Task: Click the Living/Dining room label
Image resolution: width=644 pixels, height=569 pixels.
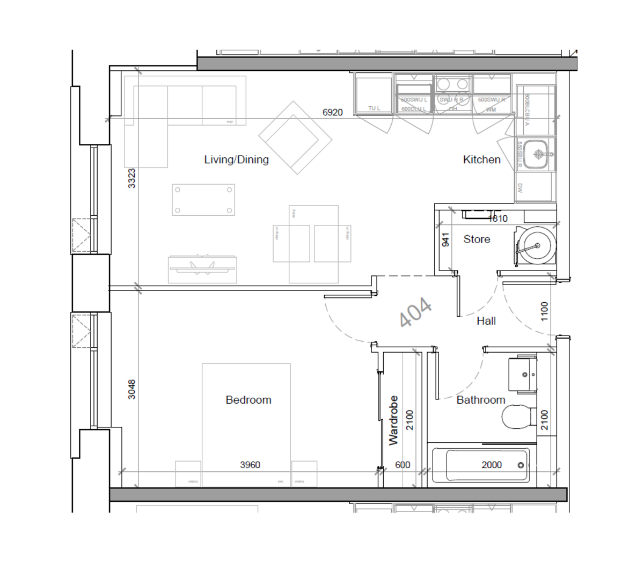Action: [x=236, y=159]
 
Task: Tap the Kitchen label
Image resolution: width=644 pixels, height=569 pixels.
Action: [x=481, y=159]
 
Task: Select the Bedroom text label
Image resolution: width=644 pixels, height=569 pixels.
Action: [x=248, y=400]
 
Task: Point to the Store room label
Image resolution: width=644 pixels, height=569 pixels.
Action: [x=477, y=239]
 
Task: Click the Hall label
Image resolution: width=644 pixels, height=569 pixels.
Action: [x=486, y=321]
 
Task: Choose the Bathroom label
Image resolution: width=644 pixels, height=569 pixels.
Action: [x=480, y=400]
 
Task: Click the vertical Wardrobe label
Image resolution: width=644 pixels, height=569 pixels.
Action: [x=394, y=420]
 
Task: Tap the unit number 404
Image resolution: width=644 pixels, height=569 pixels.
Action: [x=416, y=312]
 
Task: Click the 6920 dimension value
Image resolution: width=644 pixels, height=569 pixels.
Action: [x=332, y=112]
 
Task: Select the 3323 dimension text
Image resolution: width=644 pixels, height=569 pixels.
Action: [x=131, y=178]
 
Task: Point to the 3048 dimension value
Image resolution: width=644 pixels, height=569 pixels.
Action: [x=131, y=389]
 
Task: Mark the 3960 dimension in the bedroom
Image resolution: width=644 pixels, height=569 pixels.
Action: [x=250, y=465]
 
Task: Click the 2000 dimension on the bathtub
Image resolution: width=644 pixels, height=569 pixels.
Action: [x=491, y=465]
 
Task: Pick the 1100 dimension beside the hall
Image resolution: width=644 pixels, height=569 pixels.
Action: [x=545, y=311]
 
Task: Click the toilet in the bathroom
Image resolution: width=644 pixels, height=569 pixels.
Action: [x=518, y=417]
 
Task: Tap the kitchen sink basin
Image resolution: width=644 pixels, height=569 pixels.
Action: [x=535, y=154]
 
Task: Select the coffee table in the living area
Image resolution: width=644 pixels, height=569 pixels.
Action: [x=203, y=200]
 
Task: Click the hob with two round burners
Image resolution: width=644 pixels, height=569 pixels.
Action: [x=451, y=84]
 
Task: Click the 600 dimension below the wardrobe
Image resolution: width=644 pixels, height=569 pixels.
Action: [x=402, y=465]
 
